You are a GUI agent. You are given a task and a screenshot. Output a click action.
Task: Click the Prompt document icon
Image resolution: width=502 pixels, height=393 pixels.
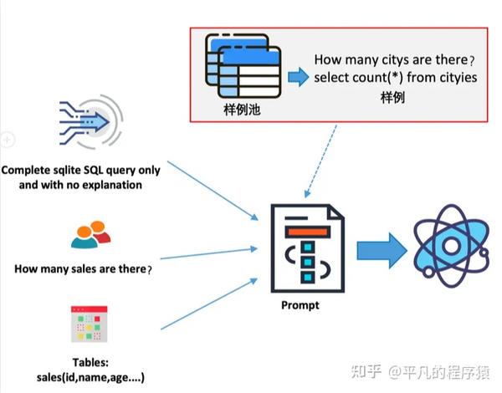pos(308,248)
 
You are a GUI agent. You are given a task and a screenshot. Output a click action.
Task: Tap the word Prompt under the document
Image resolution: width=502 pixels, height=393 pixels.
pos(300,305)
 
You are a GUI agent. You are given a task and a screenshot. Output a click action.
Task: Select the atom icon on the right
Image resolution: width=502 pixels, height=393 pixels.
pos(451,246)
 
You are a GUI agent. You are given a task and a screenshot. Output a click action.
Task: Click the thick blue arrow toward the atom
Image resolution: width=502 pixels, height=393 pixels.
pos(382,250)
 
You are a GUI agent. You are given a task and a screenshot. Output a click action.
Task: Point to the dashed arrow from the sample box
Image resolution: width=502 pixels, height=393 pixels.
pos(320,161)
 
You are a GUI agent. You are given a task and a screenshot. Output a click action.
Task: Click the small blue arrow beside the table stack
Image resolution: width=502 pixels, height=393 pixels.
pos(299,77)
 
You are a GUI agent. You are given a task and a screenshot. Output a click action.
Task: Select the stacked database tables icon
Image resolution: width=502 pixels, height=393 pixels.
pos(243,66)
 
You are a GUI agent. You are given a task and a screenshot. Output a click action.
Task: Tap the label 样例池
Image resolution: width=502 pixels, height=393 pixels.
pos(242,110)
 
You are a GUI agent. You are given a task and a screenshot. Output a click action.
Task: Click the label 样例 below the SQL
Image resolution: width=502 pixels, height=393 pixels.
pos(393,98)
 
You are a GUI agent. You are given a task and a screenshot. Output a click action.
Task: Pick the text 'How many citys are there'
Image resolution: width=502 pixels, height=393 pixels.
pos(392,60)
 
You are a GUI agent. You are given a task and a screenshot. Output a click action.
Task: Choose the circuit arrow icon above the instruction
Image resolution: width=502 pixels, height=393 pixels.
pos(91,122)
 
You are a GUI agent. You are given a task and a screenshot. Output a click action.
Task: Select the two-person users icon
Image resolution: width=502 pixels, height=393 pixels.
pos(90,235)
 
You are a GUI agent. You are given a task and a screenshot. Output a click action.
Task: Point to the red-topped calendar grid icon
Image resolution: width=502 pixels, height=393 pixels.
pos(89,324)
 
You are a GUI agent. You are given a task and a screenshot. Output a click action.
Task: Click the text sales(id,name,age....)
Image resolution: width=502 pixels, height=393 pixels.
pos(90,377)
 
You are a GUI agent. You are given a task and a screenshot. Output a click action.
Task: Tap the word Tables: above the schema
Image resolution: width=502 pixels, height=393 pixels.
pos(90,362)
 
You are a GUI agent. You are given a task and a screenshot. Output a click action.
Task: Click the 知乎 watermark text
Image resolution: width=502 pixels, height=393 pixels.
pos(366,371)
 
